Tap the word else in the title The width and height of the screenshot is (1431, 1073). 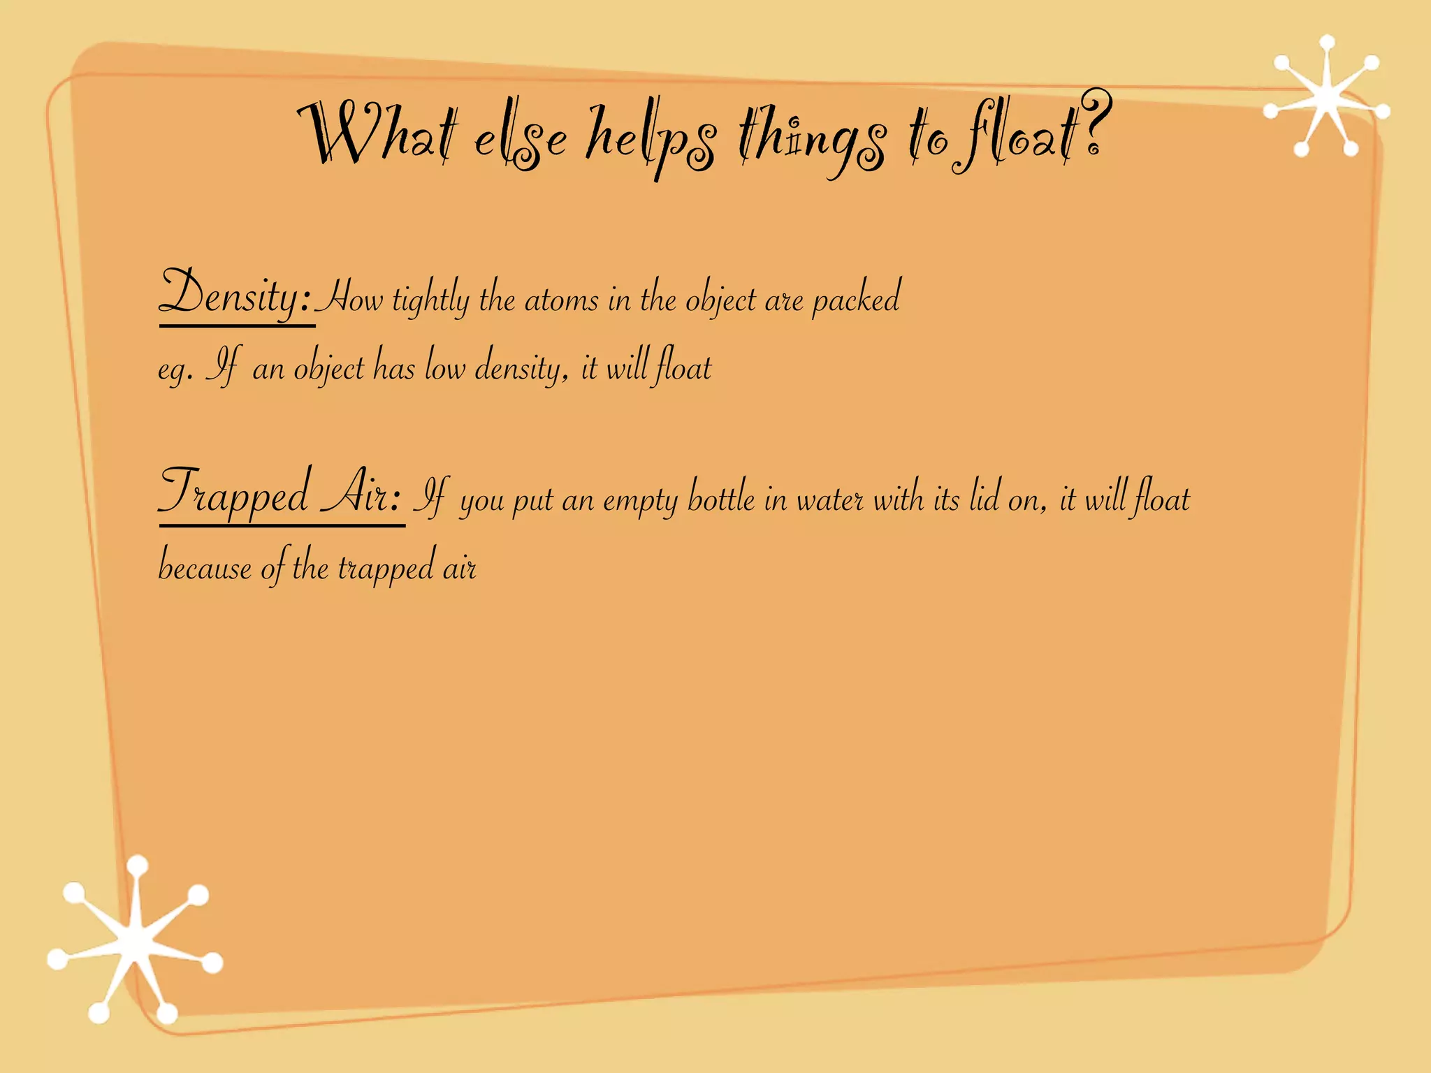tap(520, 140)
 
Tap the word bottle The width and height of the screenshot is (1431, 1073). tap(721, 497)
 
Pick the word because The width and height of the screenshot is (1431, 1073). tap(205, 566)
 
